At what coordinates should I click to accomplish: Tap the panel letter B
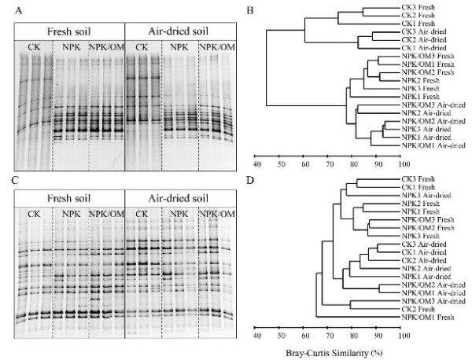click(249, 11)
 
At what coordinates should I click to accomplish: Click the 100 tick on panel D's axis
click(402, 335)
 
